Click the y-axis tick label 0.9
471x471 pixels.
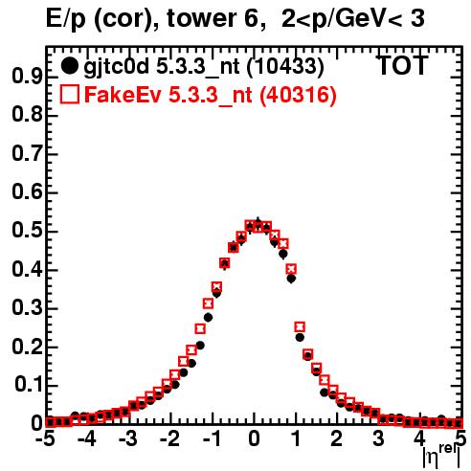point(27,77)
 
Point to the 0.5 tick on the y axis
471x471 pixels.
point(27,231)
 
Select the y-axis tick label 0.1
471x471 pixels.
point(30,385)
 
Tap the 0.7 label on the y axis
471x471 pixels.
point(27,154)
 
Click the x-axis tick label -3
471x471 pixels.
point(128,439)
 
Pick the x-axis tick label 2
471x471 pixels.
point(336,439)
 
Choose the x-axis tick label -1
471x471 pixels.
point(212,439)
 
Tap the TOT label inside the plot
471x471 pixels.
point(403,66)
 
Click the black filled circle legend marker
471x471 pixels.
point(69,66)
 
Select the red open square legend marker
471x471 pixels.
point(69,95)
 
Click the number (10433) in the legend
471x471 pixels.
point(285,67)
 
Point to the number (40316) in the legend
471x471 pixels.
point(298,96)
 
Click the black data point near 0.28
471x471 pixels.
point(208,318)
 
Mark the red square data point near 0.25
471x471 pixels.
point(300,326)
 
